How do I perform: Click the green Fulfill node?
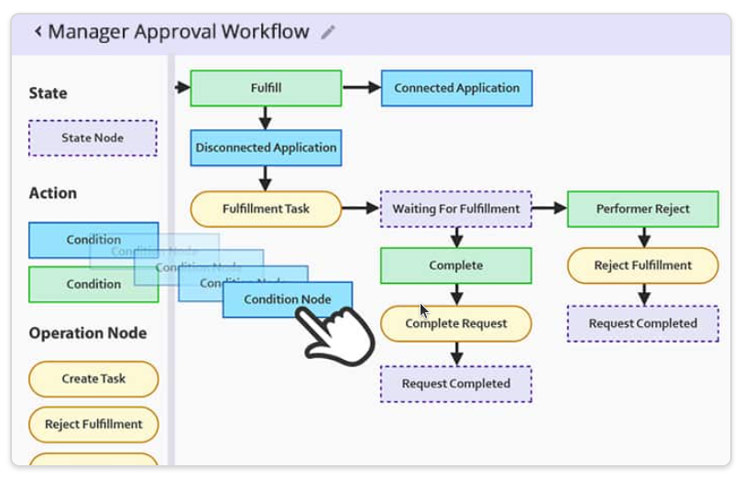tap(266, 88)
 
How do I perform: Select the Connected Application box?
tap(456, 88)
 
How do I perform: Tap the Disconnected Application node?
tap(266, 147)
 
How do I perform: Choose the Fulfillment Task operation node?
tap(266, 209)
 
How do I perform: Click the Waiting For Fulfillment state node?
tap(455, 209)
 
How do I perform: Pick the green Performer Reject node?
tap(642, 209)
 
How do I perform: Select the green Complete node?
tap(455, 266)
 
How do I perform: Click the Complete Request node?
tap(455, 323)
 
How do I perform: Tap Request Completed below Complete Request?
tap(455, 384)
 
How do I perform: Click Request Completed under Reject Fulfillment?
tap(642, 323)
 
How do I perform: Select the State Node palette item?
tap(93, 138)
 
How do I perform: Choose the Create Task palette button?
tap(93, 378)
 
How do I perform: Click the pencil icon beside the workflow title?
tap(328, 32)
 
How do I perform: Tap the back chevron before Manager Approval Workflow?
tap(38, 32)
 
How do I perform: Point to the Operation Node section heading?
tap(87, 333)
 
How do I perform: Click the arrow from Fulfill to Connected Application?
tap(361, 88)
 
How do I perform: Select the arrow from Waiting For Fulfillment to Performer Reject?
tap(549, 209)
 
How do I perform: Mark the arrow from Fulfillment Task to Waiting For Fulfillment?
tap(361, 209)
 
